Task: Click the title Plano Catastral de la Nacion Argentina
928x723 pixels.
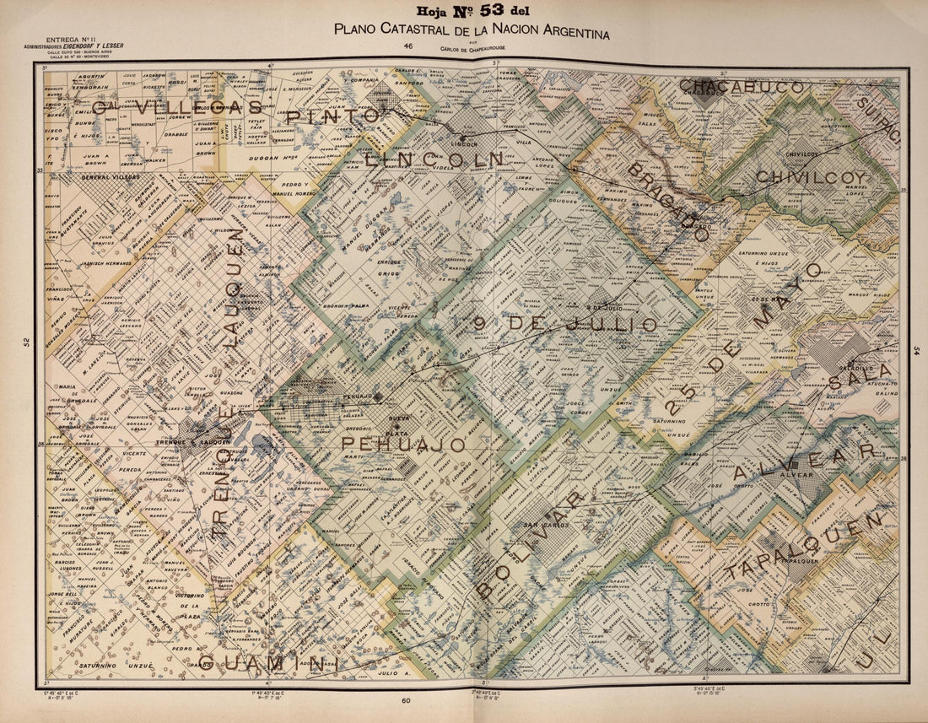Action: click(x=471, y=29)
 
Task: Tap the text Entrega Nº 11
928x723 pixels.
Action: click(x=72, y=40)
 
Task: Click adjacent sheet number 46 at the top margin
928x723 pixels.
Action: click(x=408, y=46)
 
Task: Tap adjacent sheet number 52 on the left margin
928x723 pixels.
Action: click(x=26, y=342)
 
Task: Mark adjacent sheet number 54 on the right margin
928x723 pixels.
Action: click(x=917, y=349)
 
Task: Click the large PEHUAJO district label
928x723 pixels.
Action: click(x=404, y=445)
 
